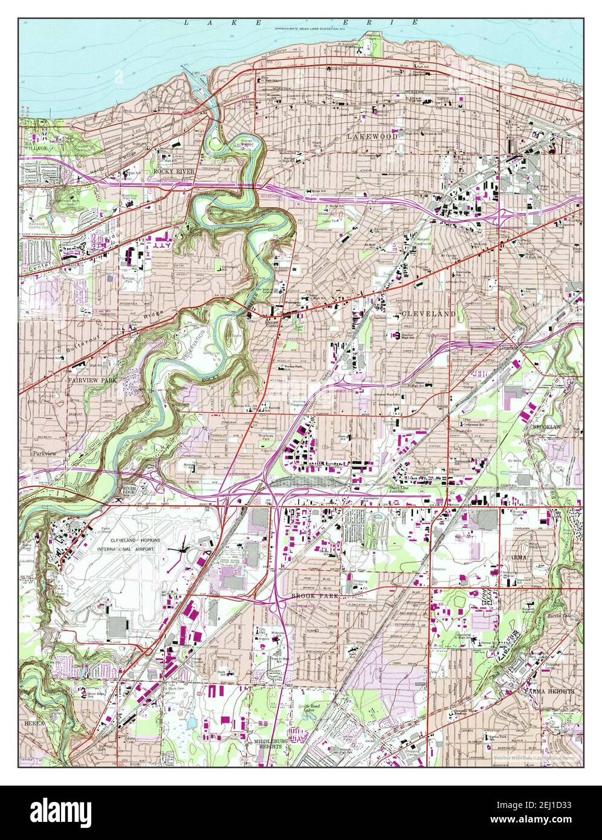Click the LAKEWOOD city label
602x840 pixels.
click(372, 137)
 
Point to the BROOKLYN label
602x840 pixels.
click(546, 427)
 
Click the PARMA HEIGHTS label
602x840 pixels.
click(548, 690)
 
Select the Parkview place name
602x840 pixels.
click(44, 452)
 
